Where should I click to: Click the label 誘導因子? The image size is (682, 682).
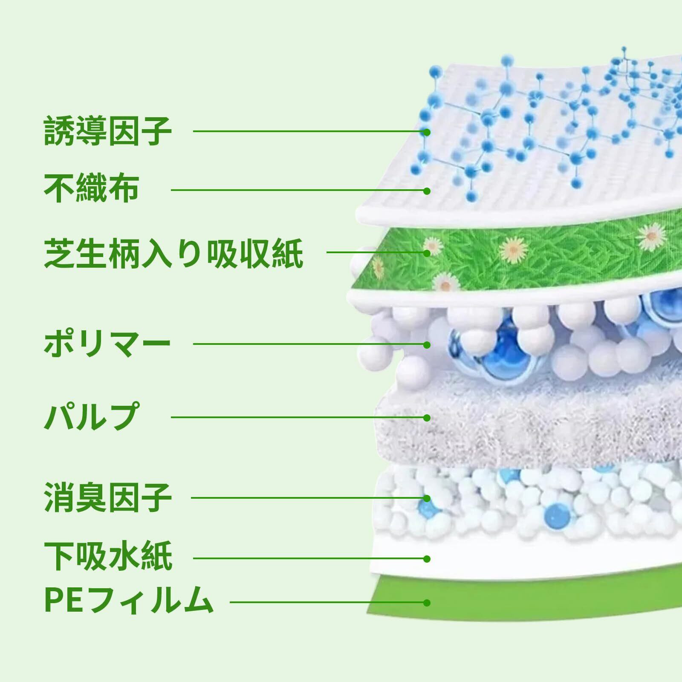point(108,131)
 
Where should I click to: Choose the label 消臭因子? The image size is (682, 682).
point(108,497)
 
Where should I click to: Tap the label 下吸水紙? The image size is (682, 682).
point(108,556)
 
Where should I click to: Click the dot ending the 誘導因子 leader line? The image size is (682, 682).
point(427,132)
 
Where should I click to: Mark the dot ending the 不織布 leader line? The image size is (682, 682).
point(427,191)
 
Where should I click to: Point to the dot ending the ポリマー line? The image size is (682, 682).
point(427,344)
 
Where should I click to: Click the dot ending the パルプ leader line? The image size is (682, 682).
point(427,418)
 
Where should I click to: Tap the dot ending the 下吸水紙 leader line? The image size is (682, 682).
point(427,558)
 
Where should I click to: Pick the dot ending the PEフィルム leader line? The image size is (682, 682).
point(427,602)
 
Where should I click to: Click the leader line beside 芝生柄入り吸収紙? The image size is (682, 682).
point(375,253)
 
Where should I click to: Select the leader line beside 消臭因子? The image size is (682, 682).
point(307,498)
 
